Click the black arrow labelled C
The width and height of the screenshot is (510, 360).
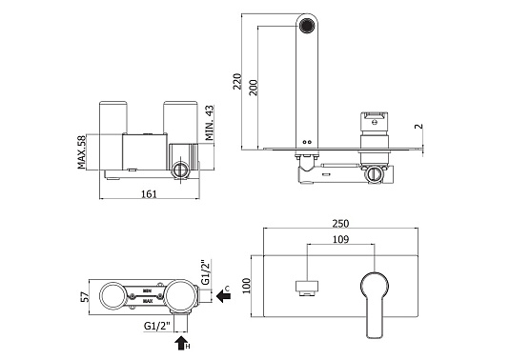tap(221, 296)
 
